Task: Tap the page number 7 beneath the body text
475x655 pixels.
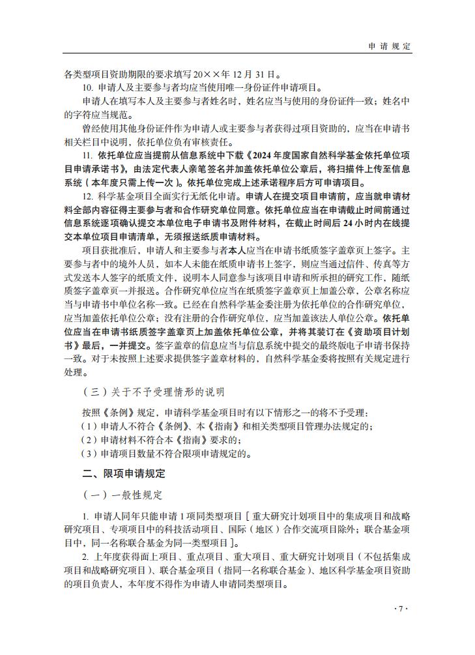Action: tap(401, 609)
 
